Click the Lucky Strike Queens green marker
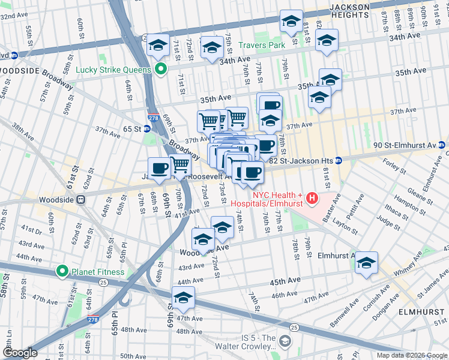pyautogui.click(x=160, y=69)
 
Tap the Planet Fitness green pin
pyautogui.click(x=62, y=272)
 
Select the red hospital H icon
pyautogui.click(x=312, y=197)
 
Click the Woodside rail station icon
pyautogui.click(x=80, y=200)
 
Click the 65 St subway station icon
pyautogui.click(x=148, y=129)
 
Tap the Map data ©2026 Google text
pyautogui.click(x=411, y=355)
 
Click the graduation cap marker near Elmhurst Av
pyautogui.click(x=366, y=263)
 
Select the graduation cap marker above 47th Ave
pyautogui.click(x=183, y=298)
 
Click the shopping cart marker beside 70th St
pyautogui.click(x=180, y=164)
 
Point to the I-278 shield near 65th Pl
pyautogui.click(x=93, y=320)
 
